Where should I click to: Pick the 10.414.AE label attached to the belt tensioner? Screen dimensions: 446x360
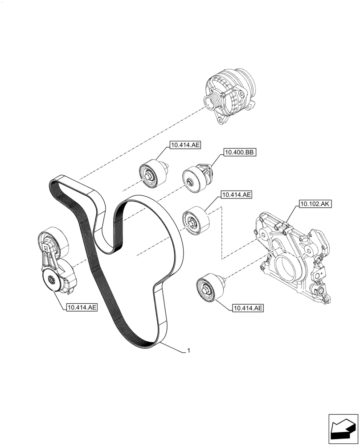(x=81, y=307)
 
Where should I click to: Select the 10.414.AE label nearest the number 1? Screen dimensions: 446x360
(x=247, y=308)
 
